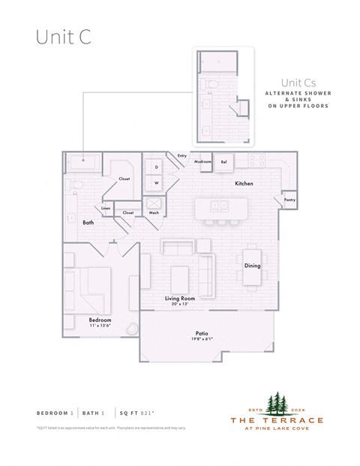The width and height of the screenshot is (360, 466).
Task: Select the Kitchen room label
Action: tap(244, 183)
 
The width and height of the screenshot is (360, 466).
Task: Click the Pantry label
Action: tap(289, 200)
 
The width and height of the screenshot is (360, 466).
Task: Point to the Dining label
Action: tap(252, 266)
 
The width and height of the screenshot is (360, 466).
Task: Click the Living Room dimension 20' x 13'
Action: tap(180, 305)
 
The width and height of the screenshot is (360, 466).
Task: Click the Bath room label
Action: tap(88, 222)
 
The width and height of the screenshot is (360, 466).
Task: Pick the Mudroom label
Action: tap(202, 161)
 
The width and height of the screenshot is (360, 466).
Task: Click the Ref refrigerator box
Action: tap(223, 161)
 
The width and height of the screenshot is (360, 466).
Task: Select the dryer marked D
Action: tap(157, 167)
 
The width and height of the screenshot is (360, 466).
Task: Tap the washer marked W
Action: tap(157, 182)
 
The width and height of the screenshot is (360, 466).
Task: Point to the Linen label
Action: tap(106, 208)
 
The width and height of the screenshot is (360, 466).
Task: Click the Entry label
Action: tap(181, 155)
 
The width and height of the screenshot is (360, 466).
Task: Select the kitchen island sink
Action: tap(219, 205)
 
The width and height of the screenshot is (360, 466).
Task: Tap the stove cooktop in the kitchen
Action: tap(257, 160)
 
